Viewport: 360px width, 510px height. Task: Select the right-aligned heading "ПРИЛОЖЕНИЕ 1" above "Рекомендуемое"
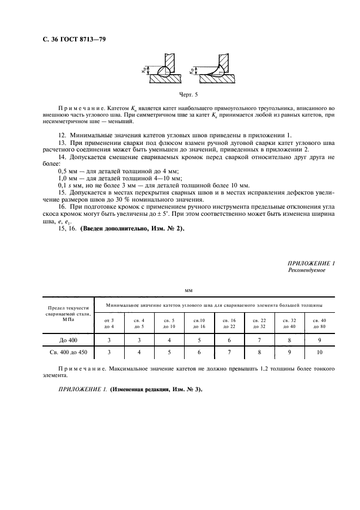[311, 263]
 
